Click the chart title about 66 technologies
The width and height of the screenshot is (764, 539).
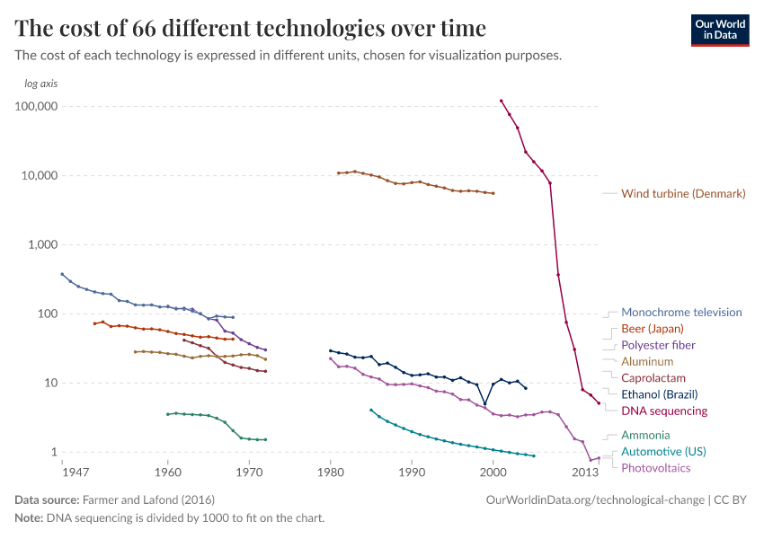point(251,28)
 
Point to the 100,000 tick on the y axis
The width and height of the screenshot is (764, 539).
point(36,106)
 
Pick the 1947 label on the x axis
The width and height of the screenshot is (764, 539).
point(76,472)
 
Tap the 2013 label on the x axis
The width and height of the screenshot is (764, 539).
point(585,472)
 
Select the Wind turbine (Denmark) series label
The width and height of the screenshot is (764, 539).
point(683,193)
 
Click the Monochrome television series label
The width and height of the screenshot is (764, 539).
point(681,313)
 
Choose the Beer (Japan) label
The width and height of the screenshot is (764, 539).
point(653,329)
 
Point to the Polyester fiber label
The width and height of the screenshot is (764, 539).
point(658,345)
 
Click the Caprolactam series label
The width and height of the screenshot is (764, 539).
point(653,377)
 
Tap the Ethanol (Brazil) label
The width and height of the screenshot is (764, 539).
point(659,393)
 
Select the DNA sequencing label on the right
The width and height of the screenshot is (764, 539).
point(664,411)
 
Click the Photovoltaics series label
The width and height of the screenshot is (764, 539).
point(657,467)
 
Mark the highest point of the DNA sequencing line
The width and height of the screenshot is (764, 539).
point(501,101)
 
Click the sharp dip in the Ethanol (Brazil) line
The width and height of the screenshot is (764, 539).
point(485,404)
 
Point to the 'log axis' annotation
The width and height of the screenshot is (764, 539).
point(41,84)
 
